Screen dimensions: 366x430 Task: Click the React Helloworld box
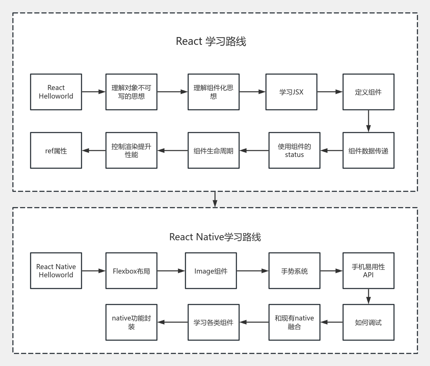pos(56,92)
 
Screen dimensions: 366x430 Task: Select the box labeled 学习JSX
pos(291,92)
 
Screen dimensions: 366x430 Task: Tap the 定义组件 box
pos(369,92)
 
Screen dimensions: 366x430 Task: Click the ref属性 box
pos(56,151)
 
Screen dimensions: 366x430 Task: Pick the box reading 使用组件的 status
pos(294,151)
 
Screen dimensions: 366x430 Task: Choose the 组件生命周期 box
pos(214,151)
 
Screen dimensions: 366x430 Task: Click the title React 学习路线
pos(211,41)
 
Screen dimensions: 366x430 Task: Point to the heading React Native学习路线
pos(215,237)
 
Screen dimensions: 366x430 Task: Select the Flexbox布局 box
pos(131,271)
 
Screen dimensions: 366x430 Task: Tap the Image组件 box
pos(211,271)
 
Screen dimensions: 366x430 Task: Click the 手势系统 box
pos(294,271)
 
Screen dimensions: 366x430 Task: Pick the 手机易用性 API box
pos(369,271)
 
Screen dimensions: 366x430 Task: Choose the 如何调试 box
pos(369,323)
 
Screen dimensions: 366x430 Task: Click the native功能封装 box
pos(131,323)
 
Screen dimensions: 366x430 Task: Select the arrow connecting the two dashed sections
pos(215,199)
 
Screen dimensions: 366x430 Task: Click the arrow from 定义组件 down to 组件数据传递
pos(369,121)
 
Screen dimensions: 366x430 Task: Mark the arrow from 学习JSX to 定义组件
pos(330,92)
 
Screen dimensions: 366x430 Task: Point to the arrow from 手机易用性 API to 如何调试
pos(369,296)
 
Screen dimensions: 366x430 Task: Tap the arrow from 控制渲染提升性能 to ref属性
pos(94,151)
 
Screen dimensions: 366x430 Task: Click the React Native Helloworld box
pos(56,271)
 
